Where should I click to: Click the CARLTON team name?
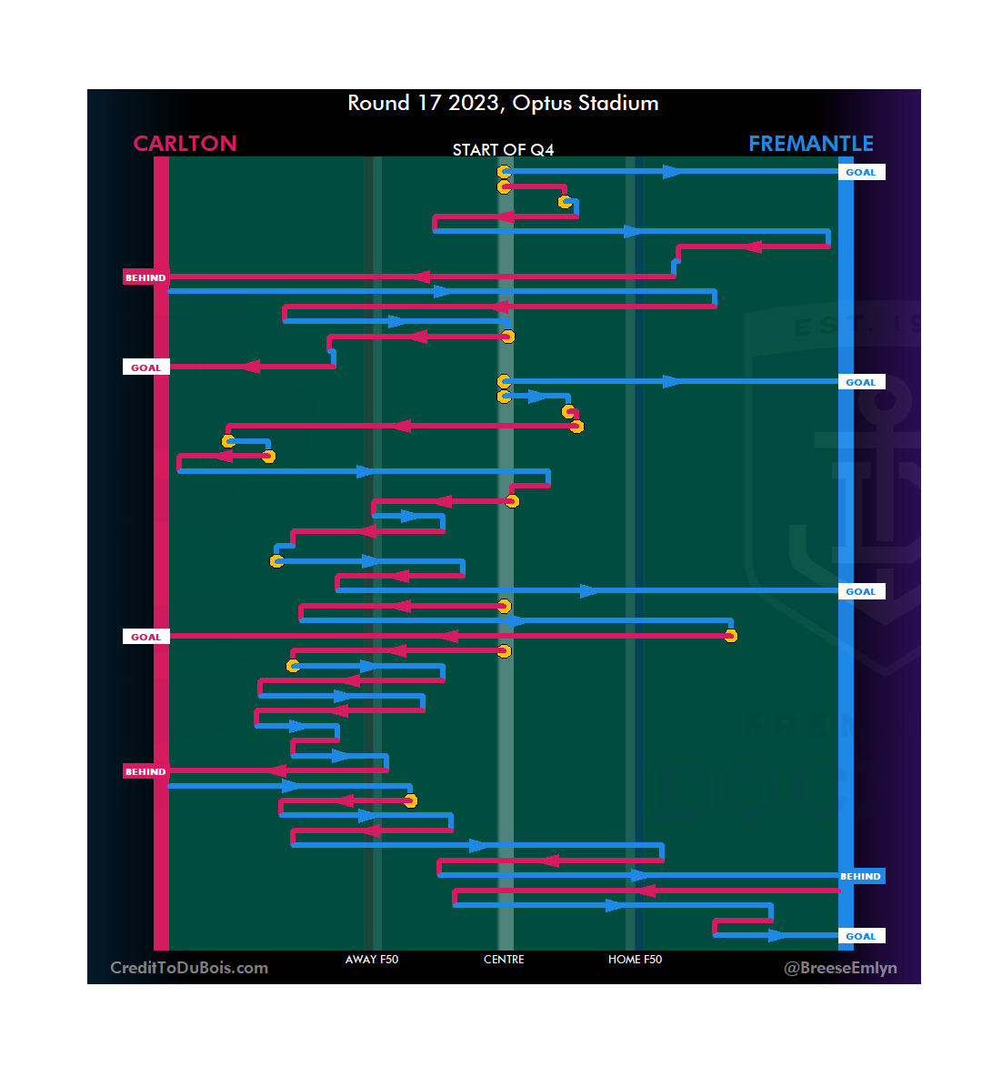185,144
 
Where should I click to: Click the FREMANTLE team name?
810,144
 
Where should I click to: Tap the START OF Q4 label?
503,150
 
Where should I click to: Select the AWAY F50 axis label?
371,960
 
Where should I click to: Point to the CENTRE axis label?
504,960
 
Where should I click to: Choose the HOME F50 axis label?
635,960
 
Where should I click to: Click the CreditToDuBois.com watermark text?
189,968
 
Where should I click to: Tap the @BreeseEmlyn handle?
840,968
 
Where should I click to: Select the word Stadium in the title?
618,103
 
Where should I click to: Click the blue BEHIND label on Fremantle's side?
860,877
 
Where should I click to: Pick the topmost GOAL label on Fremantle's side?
860,172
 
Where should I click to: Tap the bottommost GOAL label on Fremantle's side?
860,936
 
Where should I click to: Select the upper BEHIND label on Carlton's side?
145,277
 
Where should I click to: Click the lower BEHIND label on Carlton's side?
145,771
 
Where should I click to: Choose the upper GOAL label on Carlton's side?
145,367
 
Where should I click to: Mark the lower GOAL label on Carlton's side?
145,637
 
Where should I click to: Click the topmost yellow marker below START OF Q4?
504,172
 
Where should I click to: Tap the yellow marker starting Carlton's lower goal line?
730,636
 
